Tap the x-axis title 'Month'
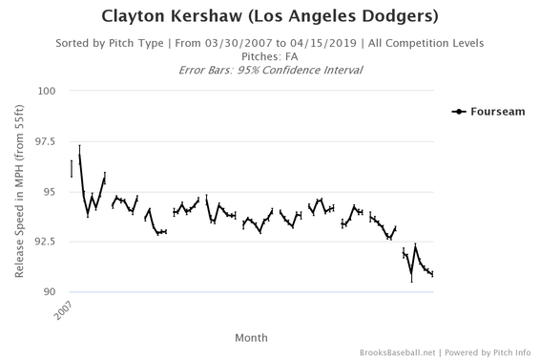coord(251,337)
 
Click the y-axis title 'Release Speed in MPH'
coord(20,192)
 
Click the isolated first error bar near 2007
coord(72,168)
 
